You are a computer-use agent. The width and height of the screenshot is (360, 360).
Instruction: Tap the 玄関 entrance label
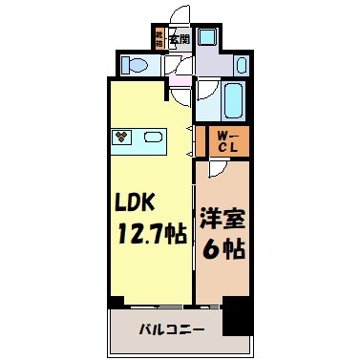[x=180, y=40]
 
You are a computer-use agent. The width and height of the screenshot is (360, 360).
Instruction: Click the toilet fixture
[x=135, y=66]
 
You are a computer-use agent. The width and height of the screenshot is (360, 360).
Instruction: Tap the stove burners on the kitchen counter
[x=122, y=137]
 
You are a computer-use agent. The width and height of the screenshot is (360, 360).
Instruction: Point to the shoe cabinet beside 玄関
[x=159, y=40]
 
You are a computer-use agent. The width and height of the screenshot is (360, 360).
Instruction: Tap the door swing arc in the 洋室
[x=217, y=169]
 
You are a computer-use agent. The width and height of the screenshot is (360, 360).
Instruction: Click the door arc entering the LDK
[x=178, y=94]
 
